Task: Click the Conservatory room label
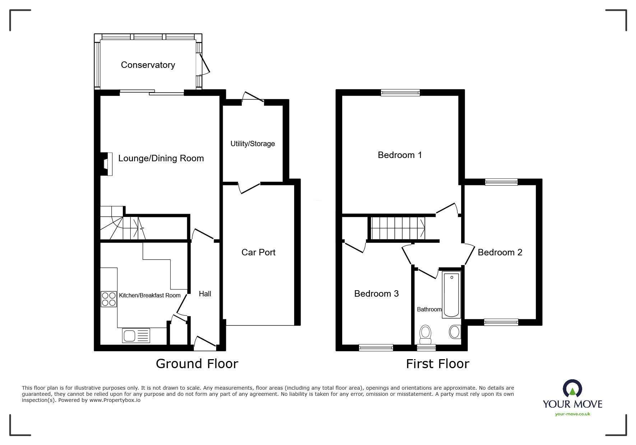148,65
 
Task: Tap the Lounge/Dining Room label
161,158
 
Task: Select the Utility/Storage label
252,144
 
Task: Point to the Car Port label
258,252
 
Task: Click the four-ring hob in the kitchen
109,299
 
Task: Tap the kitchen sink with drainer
136,336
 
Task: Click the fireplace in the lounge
106,164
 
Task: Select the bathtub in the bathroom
452,296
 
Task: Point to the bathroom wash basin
455,332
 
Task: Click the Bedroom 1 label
400,155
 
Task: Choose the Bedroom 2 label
500,252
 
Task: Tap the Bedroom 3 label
376,294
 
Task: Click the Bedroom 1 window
400,93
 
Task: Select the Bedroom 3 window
376,347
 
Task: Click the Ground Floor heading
197,364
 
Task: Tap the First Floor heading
437,364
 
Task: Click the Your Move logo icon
572,389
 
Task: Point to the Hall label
205,294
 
